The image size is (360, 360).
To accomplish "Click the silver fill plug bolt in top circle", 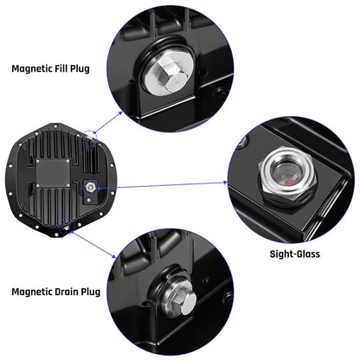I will coord(164,76).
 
